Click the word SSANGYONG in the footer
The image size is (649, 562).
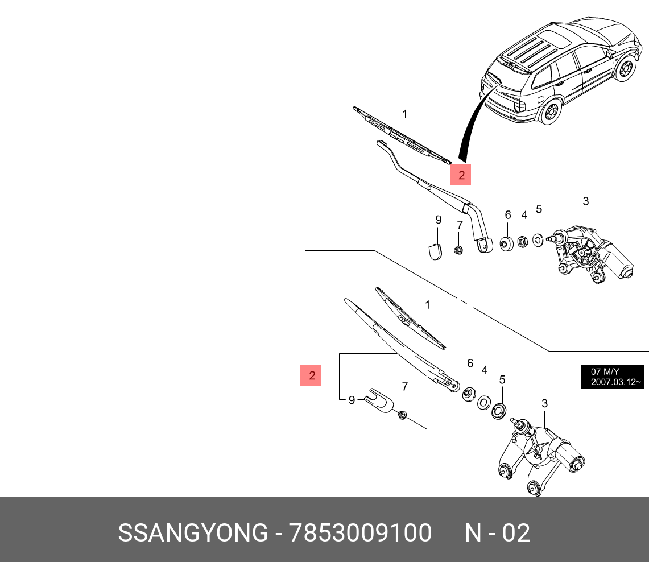192,533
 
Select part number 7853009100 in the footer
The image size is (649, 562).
361,533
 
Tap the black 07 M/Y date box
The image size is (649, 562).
612,377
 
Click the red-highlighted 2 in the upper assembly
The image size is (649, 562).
461,175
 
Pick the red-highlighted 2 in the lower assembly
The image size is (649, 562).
311,376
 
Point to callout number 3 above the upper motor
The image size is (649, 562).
585,201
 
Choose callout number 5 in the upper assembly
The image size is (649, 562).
539,209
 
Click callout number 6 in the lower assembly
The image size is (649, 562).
470,363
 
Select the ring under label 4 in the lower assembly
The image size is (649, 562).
483,402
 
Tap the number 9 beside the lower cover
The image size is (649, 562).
352,400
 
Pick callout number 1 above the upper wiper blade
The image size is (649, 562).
404,114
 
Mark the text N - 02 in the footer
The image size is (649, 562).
497,533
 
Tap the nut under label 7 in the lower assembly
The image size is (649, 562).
402,415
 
